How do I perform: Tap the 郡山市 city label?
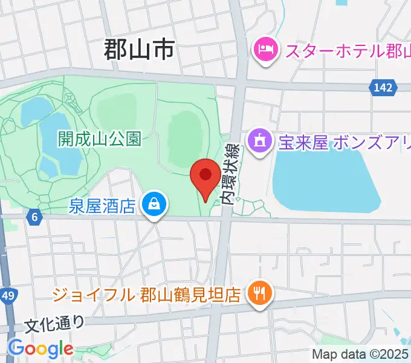click(139, 50)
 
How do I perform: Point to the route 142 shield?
click(383, 88)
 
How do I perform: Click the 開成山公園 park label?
click(100, 139)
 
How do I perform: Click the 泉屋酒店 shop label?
click(102, 206)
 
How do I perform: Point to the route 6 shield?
click(35, 216)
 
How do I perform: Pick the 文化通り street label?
click(55, 324)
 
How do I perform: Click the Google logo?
click(40, 348)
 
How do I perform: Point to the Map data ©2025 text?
click(360, 354)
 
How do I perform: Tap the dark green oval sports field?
click(184, 140)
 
